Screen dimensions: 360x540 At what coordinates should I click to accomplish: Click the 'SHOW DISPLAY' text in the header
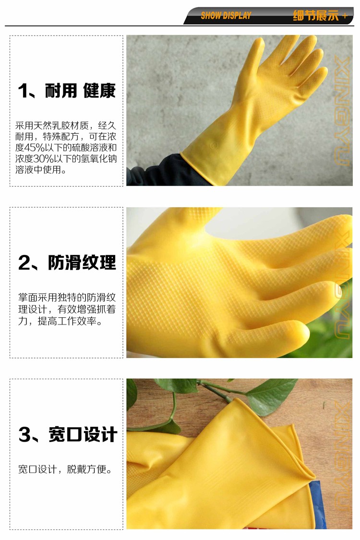coord(226,15)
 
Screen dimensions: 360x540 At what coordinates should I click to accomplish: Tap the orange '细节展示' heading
coord(315,15)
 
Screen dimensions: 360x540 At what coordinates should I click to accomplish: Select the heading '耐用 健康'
coord(80,91)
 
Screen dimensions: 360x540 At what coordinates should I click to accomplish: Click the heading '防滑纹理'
coord(82,263)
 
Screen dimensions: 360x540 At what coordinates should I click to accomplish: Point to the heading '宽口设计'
coord(83,434)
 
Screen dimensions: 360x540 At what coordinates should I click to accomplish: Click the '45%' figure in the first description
coord(35,148)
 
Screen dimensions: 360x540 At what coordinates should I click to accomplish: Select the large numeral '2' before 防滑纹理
coord(25,263)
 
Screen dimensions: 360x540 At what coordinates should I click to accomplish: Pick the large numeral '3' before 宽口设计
coord(25,434)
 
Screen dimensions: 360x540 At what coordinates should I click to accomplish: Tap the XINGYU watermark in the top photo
coord(342,111)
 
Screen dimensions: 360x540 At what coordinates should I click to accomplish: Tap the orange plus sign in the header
coord(345,16)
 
